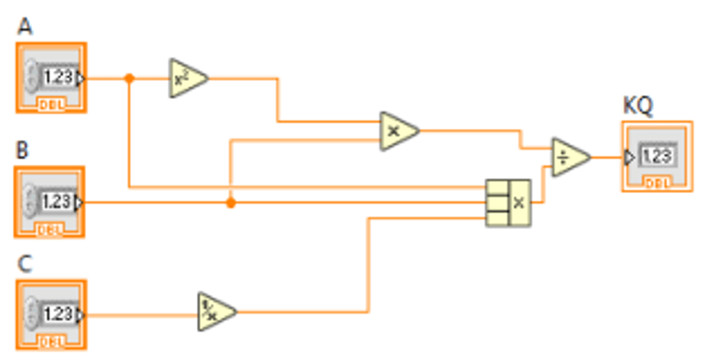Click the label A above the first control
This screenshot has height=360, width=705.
point(25,27)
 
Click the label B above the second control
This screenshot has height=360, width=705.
point(24,150)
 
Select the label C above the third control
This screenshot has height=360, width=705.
point(24,265)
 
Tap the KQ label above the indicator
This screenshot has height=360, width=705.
point(638,107)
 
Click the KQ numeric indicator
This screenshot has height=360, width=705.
point(656,156)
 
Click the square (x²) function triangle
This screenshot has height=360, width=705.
point(185,78)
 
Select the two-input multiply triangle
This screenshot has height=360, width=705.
point(397,130)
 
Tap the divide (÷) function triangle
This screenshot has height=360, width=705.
point(568,157)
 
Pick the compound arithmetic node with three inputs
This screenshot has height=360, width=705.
point(508,202)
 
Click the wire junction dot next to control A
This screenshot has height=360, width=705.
point(129,78)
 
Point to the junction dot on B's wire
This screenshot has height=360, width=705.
point(230,202)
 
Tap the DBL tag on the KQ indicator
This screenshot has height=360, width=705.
point(656,182)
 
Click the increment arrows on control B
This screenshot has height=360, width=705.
point(31,202)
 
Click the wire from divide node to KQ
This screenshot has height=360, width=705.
point(607,157)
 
